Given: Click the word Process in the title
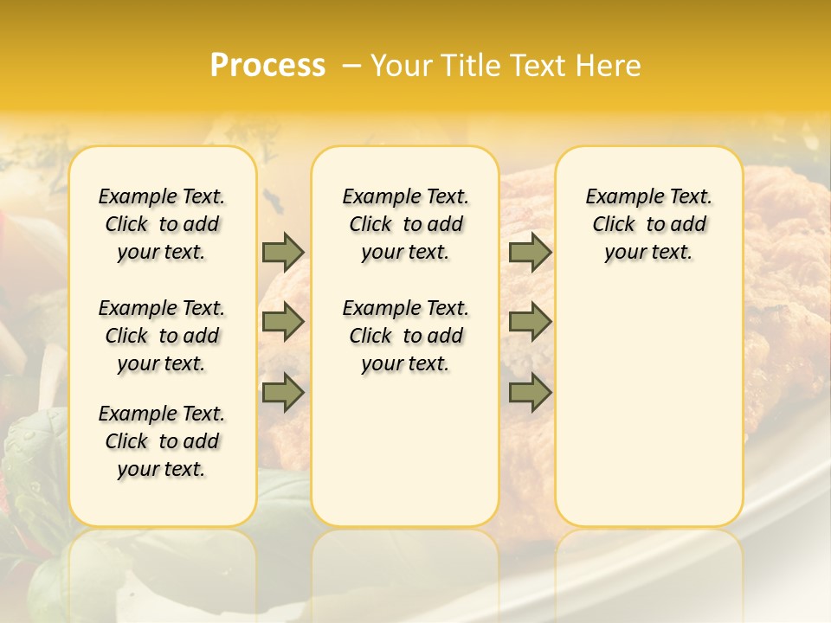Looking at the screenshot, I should coord(267,65).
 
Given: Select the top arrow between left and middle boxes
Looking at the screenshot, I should coord(283,252).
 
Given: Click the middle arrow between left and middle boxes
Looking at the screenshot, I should coord(283,322).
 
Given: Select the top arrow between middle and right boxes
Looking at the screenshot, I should coord(530,252).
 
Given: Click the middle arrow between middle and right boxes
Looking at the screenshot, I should coord(530,322).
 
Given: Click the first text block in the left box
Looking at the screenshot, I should coord(162,224).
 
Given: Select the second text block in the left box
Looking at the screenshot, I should coord(162,336).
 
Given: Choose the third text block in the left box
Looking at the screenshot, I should coord(162,441).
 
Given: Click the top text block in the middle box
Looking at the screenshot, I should coord(405,224).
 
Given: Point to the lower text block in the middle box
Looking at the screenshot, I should coord(405,336).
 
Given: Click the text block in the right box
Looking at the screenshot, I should coord(648,224).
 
